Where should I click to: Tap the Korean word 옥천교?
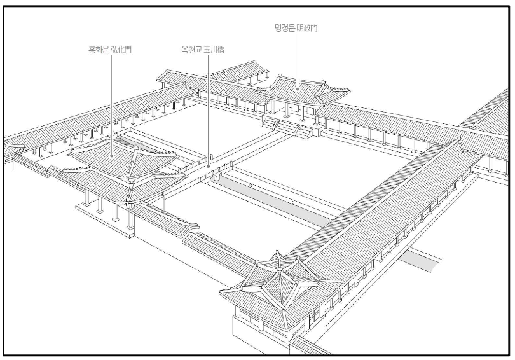pyautogui.click(x=191, y=48)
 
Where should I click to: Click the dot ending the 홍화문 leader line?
pyautogui.click(x=112, y=155)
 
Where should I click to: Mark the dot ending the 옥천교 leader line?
pyautogui.click(x=209, y=167)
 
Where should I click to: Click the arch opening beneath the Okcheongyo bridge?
pyautogui.click(x=216, y=180)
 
